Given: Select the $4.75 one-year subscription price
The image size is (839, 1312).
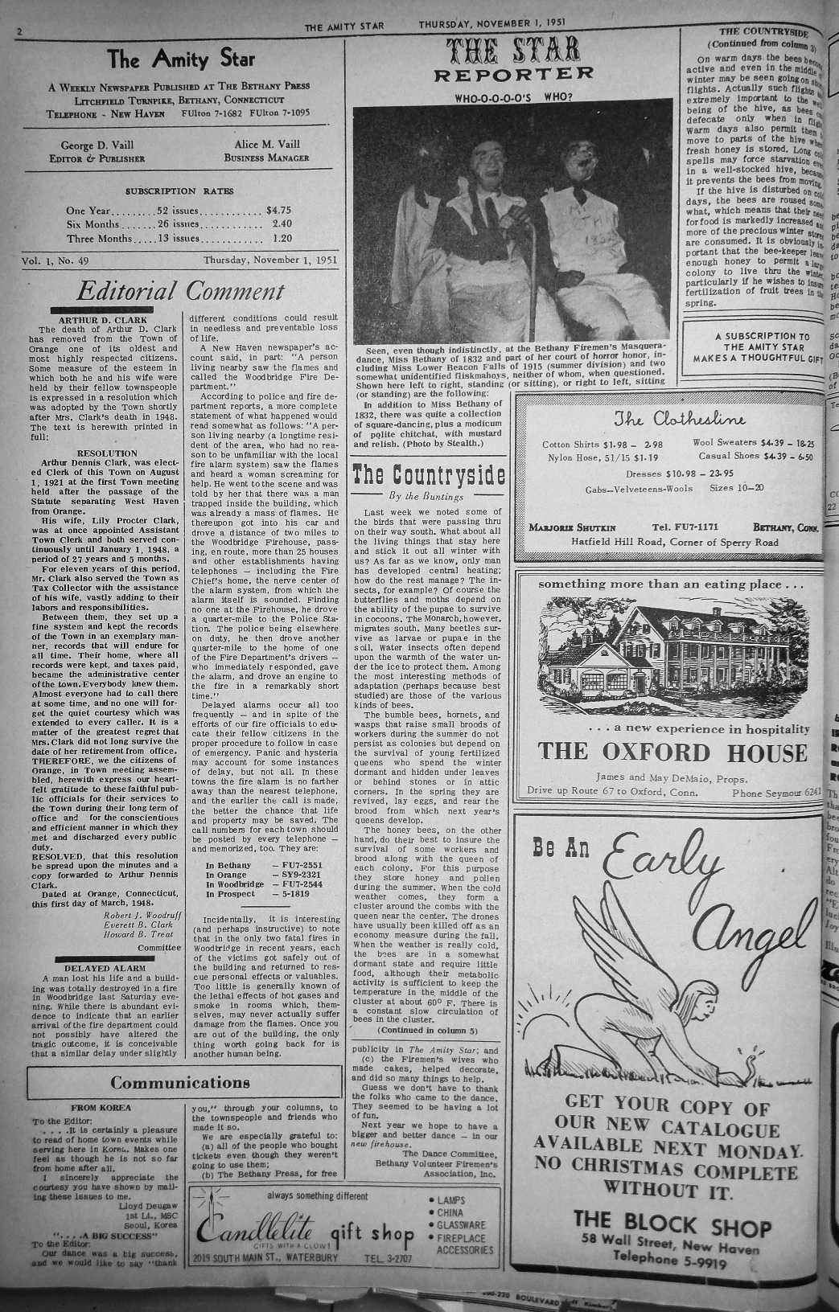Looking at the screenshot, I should point(278,211).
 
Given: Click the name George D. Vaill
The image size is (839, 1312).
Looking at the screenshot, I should point(94,146).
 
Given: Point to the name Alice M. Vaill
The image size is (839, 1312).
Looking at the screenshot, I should point(266,146).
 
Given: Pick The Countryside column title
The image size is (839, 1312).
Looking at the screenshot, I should point(430,474).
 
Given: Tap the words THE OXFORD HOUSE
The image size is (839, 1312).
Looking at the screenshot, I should point(672,752).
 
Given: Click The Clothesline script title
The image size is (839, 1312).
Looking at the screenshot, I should point(679,419).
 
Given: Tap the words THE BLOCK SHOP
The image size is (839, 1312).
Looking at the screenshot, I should point(672,1227).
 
